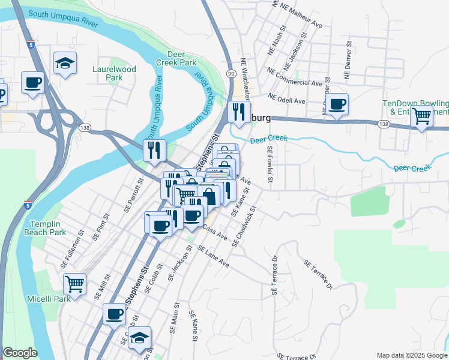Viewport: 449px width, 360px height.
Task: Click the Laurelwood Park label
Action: (x=114, y=73)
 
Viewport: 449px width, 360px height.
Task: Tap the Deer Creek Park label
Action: (x=182, y=58)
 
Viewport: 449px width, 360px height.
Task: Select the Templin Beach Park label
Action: (x=49, y=228)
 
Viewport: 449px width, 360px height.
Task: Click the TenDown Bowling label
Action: (x=416, y=107)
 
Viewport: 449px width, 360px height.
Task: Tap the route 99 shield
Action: (x=231, y=73)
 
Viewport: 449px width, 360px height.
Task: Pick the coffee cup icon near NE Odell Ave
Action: (x=337, y=104)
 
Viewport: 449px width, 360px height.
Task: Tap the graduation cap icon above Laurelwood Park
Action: (x=65, y=62)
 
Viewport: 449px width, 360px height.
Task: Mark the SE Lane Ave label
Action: (x=213, y=256)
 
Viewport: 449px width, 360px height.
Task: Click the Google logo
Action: (x=20, y=353)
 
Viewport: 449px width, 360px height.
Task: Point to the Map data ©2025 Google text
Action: (x=411, y=355)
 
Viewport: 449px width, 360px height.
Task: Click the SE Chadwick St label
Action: (x=246, y=226)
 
